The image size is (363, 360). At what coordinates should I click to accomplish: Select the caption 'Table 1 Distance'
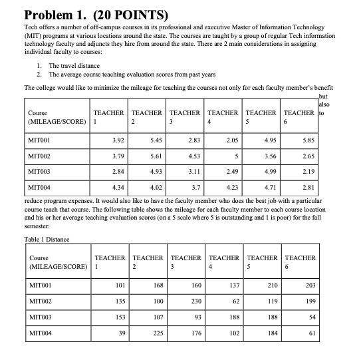[46, 240]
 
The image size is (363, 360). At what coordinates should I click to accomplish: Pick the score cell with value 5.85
[307, 140]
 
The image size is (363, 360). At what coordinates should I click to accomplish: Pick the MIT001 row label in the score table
[42, 140]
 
